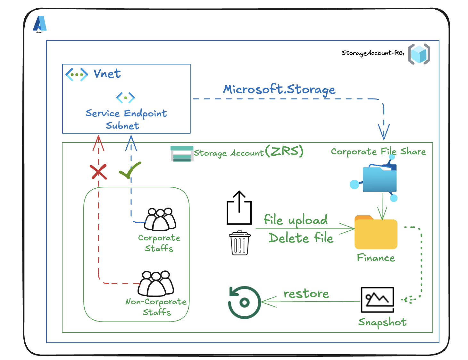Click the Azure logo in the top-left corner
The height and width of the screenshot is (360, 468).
tap(40, 24)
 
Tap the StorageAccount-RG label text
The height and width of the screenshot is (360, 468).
tap(372, 53)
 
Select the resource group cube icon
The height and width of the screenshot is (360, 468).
tap(419, 54)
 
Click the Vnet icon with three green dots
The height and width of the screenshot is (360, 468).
tap(77, 74)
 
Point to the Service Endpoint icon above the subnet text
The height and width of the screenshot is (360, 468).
tap(125, 97)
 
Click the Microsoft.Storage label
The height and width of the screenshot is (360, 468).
tap(279, 89)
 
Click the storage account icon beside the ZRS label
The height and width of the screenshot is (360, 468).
tap(182, 153)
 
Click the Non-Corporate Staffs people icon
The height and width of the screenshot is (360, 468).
tap(156, 283)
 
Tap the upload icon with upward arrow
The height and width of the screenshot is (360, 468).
tap(239, 208)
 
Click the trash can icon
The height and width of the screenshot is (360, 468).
tap(240, 243)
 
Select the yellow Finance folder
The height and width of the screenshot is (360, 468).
tap(376, 233)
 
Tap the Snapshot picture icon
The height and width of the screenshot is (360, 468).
tap(377, 300)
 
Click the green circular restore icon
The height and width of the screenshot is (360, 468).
tap(244, 302)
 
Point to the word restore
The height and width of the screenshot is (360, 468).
tap(306, 294)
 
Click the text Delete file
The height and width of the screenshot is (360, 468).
tap(301, 238)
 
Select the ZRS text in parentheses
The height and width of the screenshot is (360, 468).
tap(284, 151)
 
